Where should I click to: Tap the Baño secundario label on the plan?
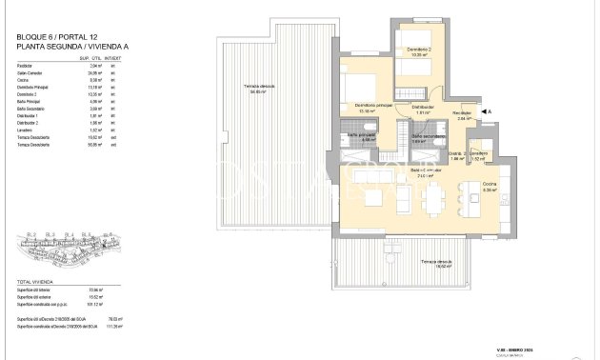point(424,136)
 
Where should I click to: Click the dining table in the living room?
point(434,198)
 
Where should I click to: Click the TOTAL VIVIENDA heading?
point(36,283)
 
